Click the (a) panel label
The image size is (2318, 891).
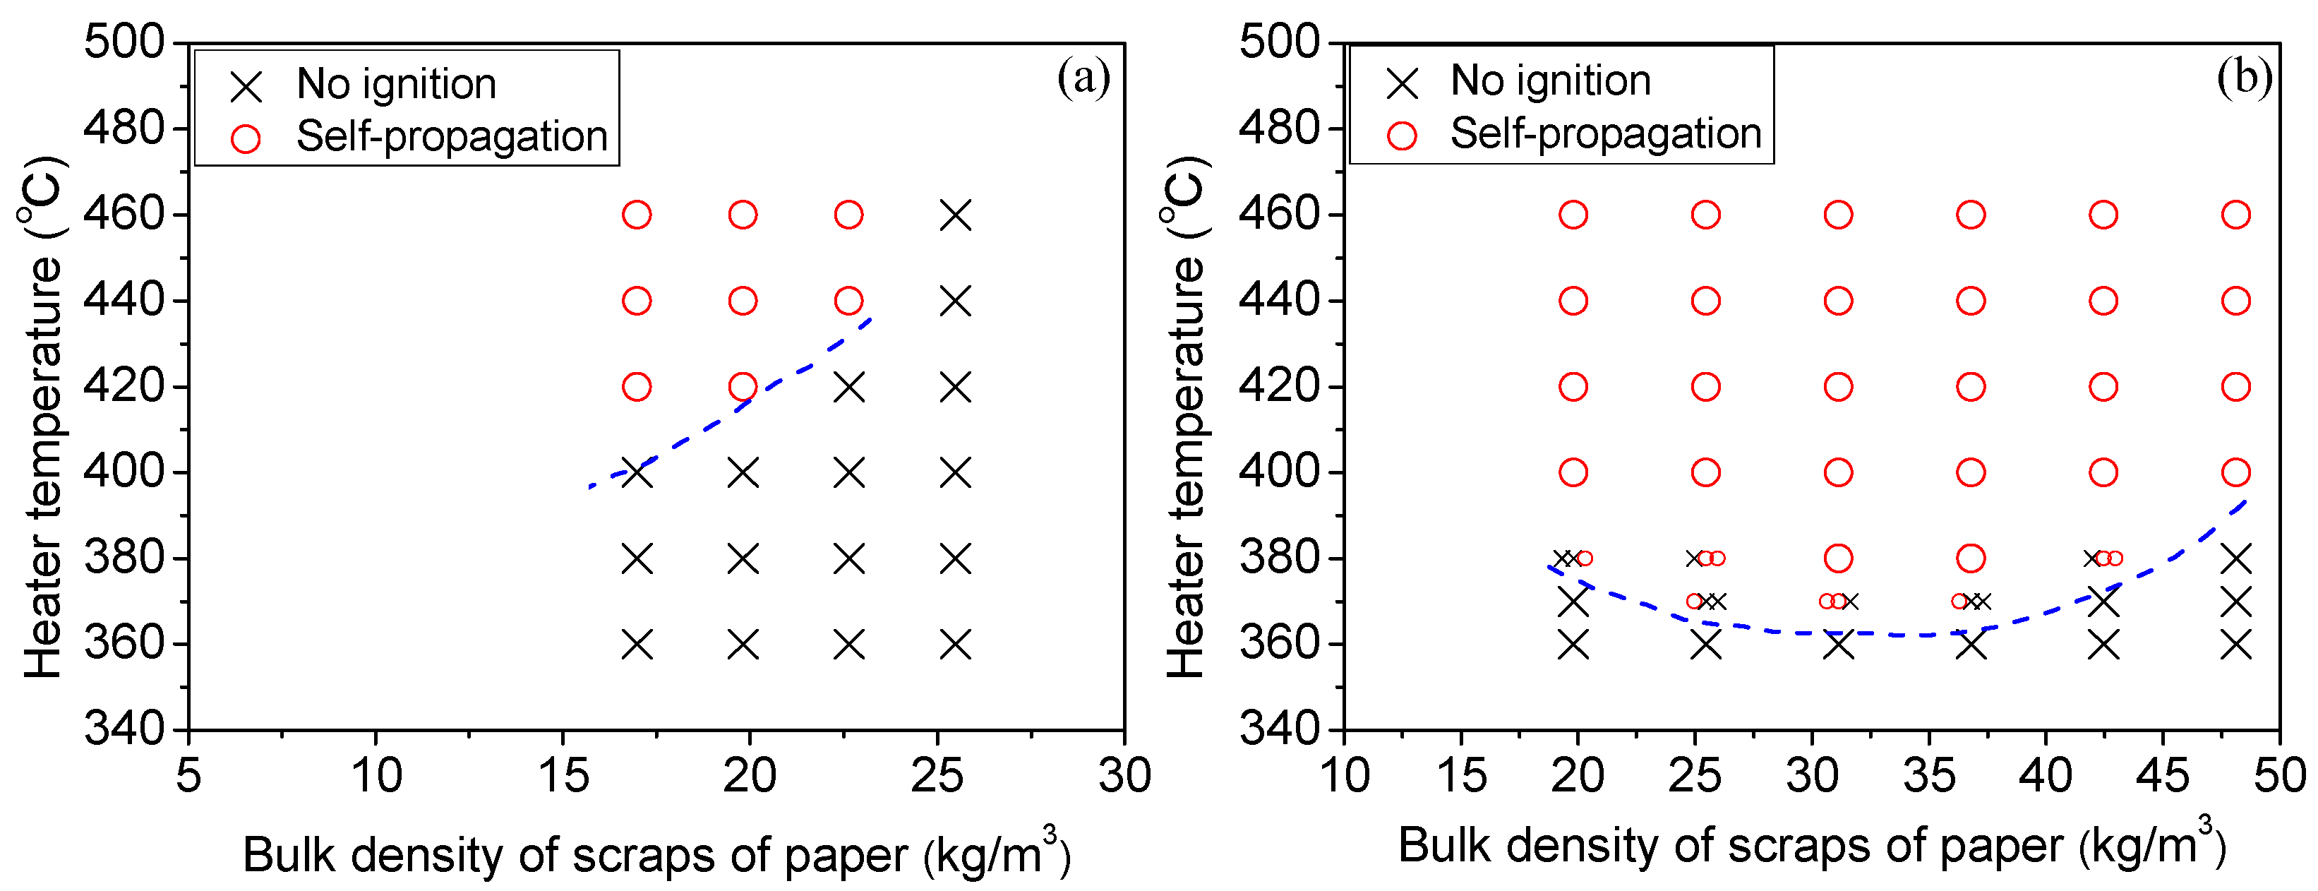(x=1083, y=78)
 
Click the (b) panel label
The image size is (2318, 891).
(x=2244, y=78)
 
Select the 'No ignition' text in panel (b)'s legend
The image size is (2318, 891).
(x=1551, y=81)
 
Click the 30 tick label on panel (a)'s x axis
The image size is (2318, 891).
(x=1124, y=776)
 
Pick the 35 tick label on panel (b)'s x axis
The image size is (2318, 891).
(x=1928, y=776)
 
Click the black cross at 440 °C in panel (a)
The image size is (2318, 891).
(x=955, y=301)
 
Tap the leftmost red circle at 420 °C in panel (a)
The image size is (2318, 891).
(x=636, y=387)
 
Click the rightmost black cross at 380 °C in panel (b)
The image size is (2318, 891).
(x=2235, y=558)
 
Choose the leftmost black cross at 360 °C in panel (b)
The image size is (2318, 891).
(x=1573, y=645)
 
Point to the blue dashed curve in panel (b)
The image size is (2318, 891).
(x=1890, y=635)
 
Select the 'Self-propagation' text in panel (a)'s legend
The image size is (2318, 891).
(x=452, y=137)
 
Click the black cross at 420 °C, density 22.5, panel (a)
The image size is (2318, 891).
(x=848, y=387)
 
